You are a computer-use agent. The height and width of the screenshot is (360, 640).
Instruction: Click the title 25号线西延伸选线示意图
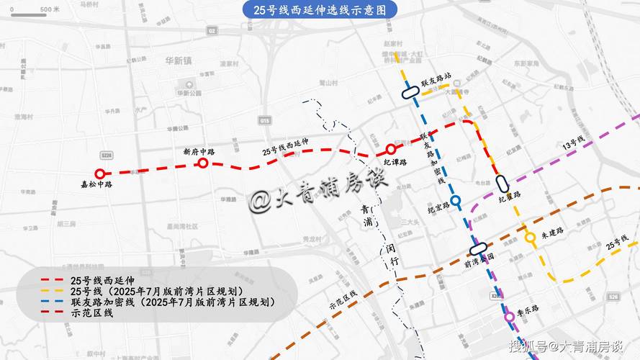coord(319,10)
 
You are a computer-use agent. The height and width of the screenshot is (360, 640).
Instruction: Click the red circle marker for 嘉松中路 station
coord(100,174)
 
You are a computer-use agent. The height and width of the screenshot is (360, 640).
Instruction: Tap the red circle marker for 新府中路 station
coord(203,163)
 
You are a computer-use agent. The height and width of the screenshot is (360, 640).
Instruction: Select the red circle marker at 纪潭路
coord(390,149)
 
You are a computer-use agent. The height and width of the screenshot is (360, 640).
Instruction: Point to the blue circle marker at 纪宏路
coord(455,200)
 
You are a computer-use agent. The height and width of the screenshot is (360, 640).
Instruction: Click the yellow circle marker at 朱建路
coord(530,237)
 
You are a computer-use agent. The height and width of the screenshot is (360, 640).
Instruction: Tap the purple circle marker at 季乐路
coord(510,316)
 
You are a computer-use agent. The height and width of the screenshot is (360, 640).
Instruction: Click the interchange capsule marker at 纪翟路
coord(502,184)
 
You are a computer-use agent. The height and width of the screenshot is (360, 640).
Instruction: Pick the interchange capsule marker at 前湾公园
coord(478,248)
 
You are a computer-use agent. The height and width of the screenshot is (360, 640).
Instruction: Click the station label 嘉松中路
coord(96,185)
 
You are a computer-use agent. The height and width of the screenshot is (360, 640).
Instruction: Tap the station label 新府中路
coord(199,152)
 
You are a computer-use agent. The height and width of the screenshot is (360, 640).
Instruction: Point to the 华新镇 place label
coord(179,61)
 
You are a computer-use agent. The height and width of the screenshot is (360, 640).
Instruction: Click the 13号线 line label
coord(574,143)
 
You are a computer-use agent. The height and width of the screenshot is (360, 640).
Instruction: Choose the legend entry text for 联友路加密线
coord(173,302)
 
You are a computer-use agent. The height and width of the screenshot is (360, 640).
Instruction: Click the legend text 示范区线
coord(91,312)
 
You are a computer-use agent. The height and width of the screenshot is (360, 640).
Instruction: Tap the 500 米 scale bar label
coord(50,10)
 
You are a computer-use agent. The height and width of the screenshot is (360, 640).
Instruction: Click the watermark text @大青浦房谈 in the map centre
coord(318,196)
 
